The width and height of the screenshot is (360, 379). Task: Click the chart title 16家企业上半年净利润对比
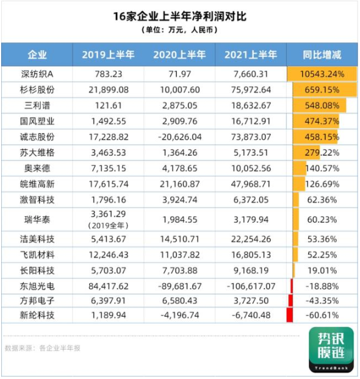(180, 16)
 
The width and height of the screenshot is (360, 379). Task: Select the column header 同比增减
(322, 55)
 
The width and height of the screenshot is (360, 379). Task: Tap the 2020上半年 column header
(179, 55)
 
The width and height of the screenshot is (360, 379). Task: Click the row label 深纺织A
(37, 74)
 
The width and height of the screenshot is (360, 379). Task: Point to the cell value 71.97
(180, 74)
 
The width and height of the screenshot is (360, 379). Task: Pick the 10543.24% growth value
(322, 74)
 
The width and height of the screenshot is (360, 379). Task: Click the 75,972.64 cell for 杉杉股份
(251, 90)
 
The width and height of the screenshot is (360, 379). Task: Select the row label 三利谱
(37, 106)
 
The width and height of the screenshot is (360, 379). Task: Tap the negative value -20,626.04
(180, 137)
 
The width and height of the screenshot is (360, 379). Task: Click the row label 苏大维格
(37, 153)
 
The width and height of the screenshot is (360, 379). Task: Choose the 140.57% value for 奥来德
(322, 168)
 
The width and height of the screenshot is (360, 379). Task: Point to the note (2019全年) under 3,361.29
(108, 226)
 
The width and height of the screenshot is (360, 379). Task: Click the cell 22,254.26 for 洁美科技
(251, 239)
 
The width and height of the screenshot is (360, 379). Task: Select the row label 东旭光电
(37, 286)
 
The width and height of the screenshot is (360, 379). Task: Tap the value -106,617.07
(251, 286)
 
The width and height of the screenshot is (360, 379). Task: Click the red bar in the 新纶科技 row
(289, 315)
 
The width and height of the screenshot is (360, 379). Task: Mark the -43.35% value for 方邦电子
(322, 301)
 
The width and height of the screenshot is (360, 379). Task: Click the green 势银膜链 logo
(331, 350)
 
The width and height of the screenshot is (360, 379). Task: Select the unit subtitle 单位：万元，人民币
(180, 30)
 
